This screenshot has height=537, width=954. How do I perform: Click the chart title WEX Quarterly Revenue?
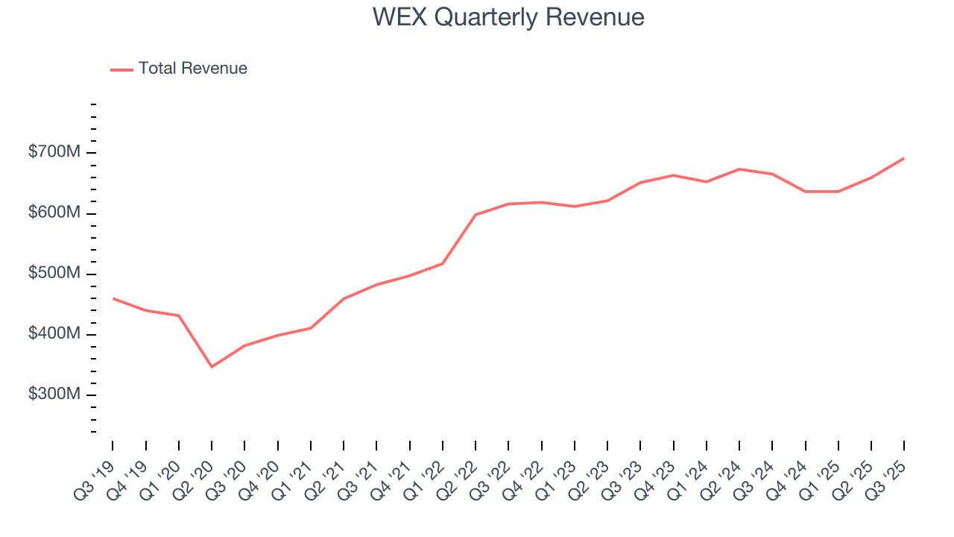point(508,17)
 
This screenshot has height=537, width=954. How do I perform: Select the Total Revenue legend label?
point(192,69)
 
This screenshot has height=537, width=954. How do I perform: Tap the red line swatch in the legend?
point(121,69)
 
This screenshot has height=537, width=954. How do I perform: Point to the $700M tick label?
point(54,153)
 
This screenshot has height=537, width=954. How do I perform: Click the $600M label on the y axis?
point(54,213)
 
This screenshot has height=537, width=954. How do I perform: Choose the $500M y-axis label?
point(54,274)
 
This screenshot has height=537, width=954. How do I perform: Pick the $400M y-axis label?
point(54,334)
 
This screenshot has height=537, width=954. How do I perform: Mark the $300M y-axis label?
point(54,395)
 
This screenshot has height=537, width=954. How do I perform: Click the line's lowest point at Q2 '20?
point(212,367)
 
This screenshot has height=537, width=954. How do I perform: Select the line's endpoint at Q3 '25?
point(904,158)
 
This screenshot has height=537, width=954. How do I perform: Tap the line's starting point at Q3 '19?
point(113,298)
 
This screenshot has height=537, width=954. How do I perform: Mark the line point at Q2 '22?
point(476,215)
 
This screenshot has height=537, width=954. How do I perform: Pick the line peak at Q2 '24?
point(739,169)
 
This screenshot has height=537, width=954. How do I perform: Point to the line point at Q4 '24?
point(805,192)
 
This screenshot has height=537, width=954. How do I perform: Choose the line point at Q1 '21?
point(311,328)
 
